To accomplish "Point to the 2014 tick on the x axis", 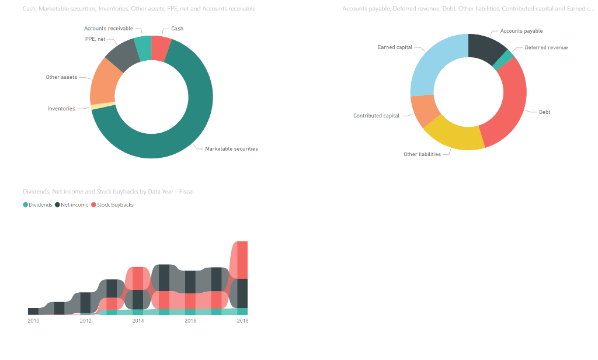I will pos(138,320).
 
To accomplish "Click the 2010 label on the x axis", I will pos(33,320).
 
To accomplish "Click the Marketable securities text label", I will pos(231,148).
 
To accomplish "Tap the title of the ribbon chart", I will pos(108,191).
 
